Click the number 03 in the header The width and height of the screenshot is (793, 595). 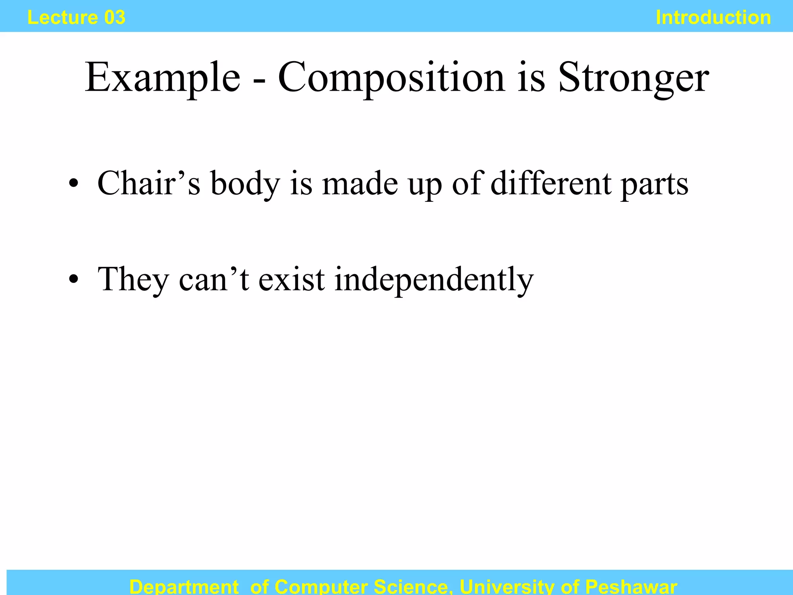115,17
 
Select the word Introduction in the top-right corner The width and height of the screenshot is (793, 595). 713,17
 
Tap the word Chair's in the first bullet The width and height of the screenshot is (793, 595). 149,183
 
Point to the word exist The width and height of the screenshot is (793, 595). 292,279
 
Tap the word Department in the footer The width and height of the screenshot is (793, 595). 184,586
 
